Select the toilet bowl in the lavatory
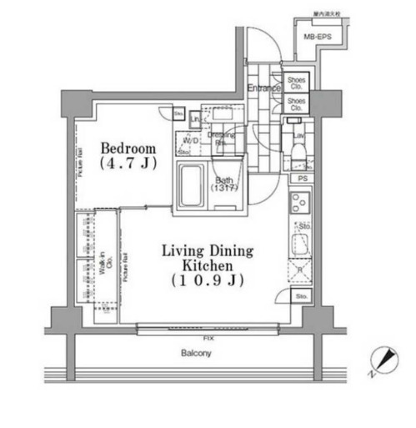(x=298, y=155)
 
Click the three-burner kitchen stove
(x=300, y=203)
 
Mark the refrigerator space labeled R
(x=299, y=272)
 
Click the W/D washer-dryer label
(x=189, y=141)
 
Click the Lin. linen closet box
(x=193, y=118)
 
